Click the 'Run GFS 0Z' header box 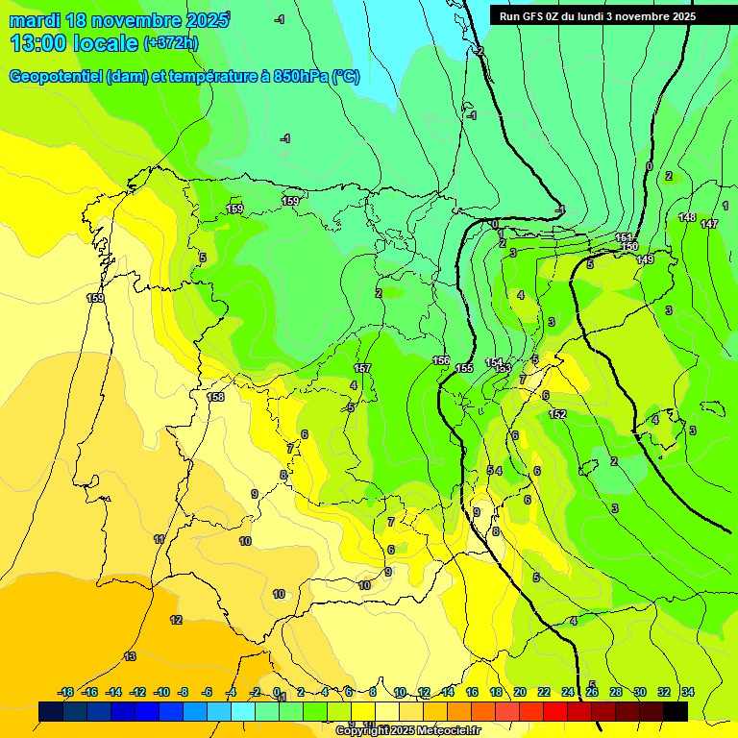pos(598,15)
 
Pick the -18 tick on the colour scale pos(66,692)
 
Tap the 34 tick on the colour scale pos(688,692)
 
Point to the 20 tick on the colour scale pos(520,692)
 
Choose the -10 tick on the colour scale pos(161,692)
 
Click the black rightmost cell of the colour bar pos(676,711)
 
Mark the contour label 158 pos(216,397)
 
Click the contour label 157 pos(362,368)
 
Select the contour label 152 pos(557,414)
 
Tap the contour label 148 pos(687,218)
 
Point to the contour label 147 pos(709,224)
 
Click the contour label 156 pos(441,360)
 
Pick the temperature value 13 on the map pos(131,656)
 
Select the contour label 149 pos(645,260)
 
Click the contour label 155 pos(465,368)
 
